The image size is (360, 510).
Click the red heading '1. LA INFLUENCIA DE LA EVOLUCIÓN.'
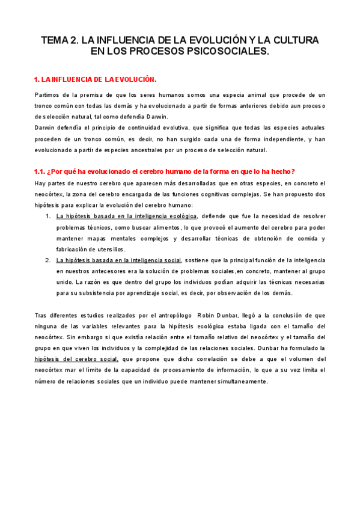coord(95,79)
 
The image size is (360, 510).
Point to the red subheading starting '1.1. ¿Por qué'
coord(164,172)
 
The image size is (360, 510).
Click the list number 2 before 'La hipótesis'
coord(48,260)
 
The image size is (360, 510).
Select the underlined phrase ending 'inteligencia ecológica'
coord(126,216)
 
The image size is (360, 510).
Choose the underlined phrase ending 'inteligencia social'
coord(118,260)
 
